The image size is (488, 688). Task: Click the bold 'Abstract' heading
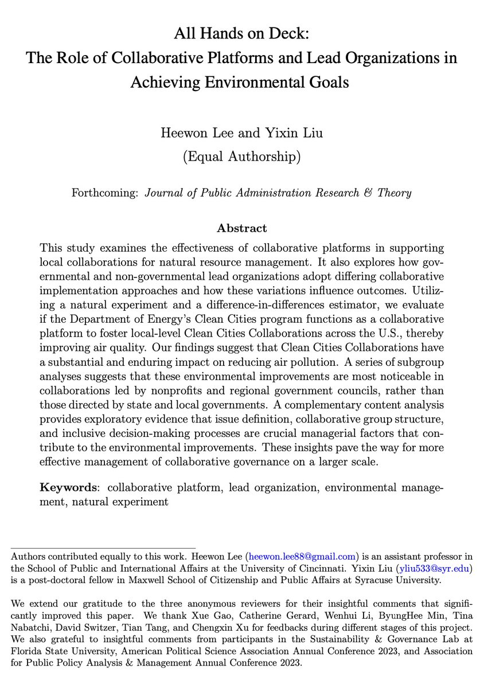pyautogui.click(x=241, y=228)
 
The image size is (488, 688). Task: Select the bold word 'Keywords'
pyautogui.click(x=67, y=488)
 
